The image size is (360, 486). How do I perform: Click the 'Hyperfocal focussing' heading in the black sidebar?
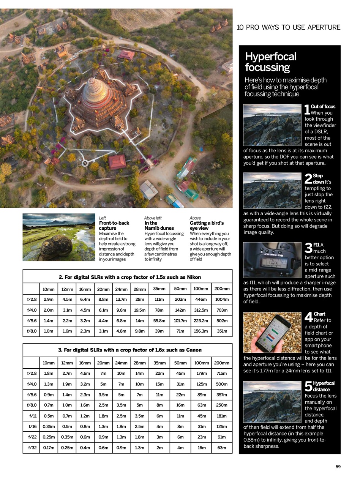click(x=270, y=62)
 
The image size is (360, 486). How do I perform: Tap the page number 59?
click(x=338, y=467)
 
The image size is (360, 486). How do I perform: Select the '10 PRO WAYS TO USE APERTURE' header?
click(x=288, y=27)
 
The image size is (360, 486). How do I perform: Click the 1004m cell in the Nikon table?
click(x=222, y=299)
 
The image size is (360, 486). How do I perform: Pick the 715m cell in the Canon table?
click(x=222, y=373)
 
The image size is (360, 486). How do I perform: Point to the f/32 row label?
click(x=32, y=448)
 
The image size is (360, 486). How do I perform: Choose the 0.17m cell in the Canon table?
click(x=49, y=448)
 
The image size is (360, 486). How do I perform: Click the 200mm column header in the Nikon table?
click(x=222, y=289)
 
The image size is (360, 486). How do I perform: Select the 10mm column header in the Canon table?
click(x=49, y=363)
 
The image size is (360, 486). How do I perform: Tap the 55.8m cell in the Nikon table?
click(x=159, y=320)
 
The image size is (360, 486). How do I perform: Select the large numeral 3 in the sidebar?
click(x=308, y=248)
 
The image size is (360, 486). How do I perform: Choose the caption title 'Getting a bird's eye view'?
click(x=207, y=226)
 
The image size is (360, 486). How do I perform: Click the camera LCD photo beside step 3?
click(x=272, y=260)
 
